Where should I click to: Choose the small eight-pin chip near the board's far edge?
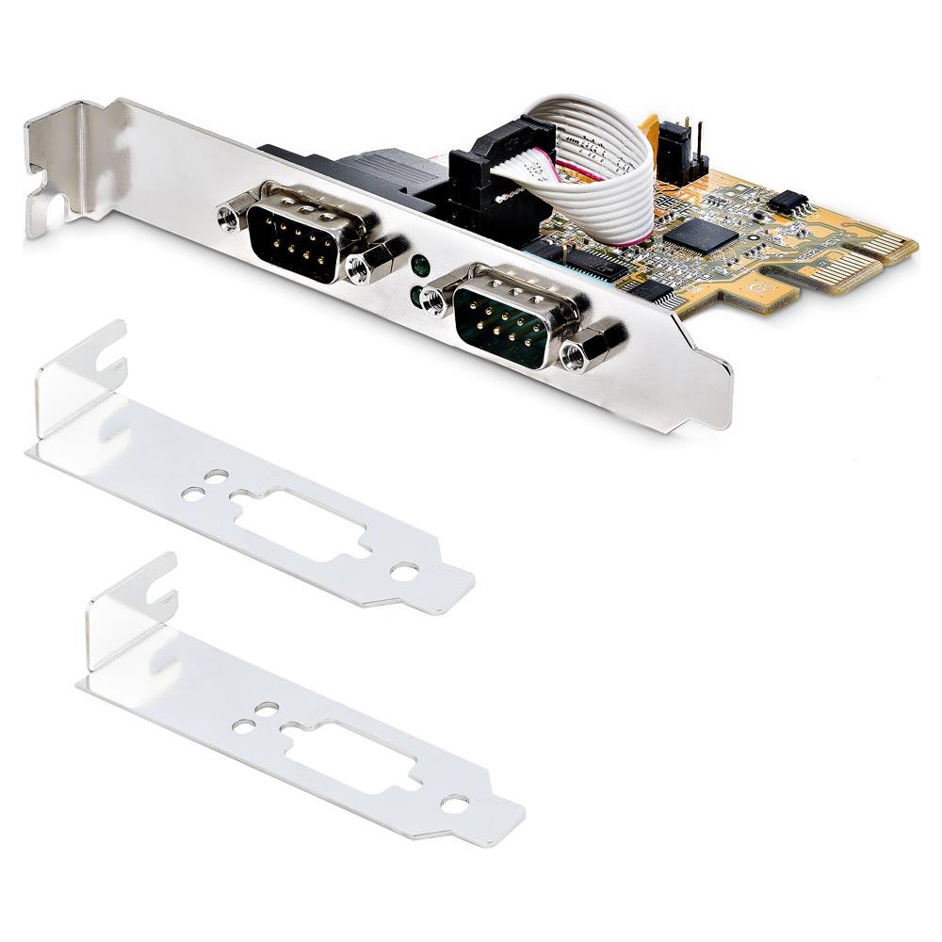[x=788, y=200]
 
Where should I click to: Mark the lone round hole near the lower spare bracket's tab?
[x=456, y=804]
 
